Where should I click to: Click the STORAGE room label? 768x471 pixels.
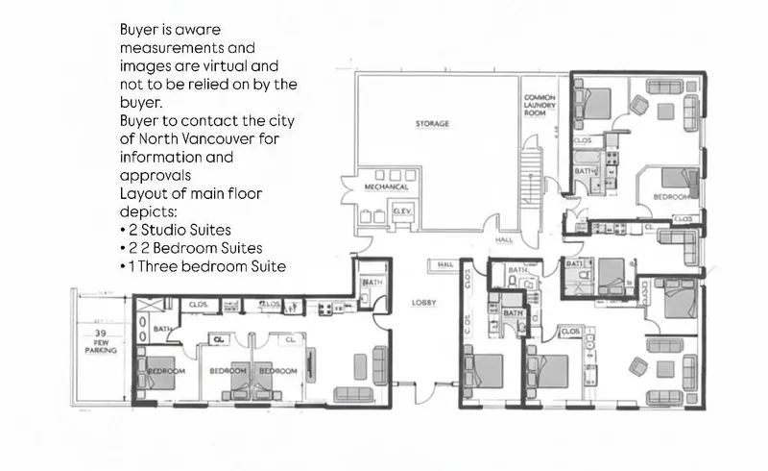coord(432,125)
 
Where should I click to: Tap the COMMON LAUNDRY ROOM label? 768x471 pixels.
coord(540,105)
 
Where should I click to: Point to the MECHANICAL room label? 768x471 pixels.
coord(388,186)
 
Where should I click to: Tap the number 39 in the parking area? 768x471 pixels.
coord(99,330)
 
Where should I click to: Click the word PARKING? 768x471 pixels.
coord(99,351)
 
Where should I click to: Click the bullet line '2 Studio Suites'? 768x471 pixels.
coord(178,231)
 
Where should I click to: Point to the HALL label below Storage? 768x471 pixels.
coord(504,240)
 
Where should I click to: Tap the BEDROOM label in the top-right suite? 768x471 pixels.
coord(670,196)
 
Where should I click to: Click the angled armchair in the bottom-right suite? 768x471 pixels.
coord(637,366)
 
